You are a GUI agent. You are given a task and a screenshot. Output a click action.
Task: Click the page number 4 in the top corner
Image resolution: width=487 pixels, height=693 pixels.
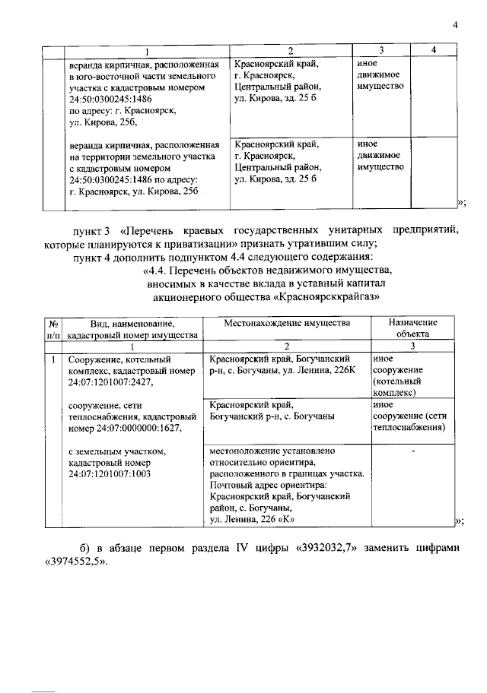click(x=454, y=26)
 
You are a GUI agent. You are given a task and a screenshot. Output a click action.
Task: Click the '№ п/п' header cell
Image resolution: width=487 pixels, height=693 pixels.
click(x=54, y=328)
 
